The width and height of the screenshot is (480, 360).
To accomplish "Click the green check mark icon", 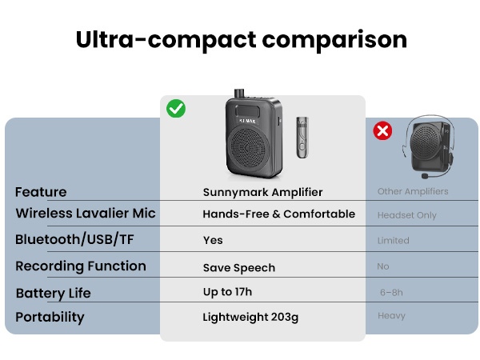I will (x=176, y=109).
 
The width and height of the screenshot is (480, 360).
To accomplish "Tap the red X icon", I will (x=383, y=130).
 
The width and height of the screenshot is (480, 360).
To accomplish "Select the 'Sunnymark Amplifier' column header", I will (x=262, y=192).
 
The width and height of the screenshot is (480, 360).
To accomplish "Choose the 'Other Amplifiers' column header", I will (x=413, y=192).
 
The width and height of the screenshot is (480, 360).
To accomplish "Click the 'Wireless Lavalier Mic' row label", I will (x=86, y=214).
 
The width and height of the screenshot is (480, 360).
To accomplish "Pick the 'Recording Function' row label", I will (x=81, y=266).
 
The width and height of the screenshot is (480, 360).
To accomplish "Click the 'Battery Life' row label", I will (x=54, y=293).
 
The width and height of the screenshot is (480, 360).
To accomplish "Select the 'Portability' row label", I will (x=50, y=317).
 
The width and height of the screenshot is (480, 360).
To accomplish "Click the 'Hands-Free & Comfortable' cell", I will (x=278, y=214).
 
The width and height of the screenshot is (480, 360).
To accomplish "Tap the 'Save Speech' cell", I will (x=238, y=268).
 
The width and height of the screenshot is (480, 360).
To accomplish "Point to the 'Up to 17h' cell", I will (x=227, y=292).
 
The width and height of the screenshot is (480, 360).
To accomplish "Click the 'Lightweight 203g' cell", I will (x=250, y=318).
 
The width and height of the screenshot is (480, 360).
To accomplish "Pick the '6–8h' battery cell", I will (x=392, y=293).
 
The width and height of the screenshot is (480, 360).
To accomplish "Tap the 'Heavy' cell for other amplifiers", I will (x=391, y=316).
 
